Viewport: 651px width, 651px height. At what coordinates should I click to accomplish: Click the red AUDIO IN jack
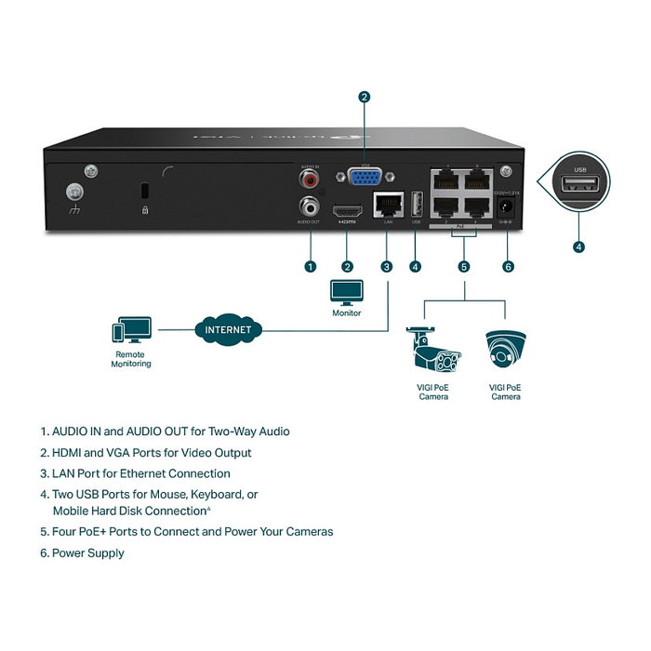coord(308,177)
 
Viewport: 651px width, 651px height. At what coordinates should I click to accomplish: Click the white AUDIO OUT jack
coord(308,206)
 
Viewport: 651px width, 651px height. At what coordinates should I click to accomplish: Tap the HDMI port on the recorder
coord(348,209)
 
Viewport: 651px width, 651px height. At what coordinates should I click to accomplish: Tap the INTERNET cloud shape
coord(228,329)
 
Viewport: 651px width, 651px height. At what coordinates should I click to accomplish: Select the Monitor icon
coord(346,292)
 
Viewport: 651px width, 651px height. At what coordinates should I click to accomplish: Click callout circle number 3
coord(386,266)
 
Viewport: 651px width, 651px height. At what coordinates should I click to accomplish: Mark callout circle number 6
coord(508,266)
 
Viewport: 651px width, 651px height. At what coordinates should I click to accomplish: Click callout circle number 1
coord(310,266)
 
